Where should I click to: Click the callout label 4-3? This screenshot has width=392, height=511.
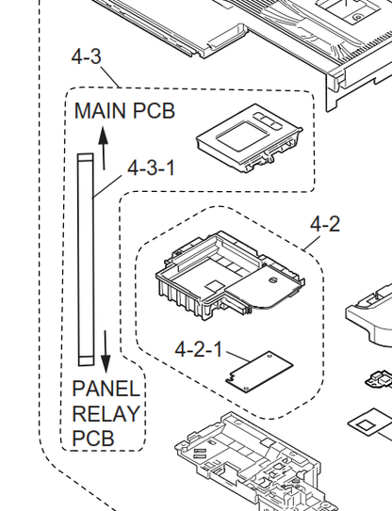[x=86, y=56]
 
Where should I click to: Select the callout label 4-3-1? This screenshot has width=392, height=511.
[x=151, y=168]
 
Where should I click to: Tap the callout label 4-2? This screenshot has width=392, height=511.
[x=325, y=224]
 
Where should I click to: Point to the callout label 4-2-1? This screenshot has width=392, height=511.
[x=199, y=349]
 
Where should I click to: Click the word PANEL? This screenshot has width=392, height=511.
[x=106, y=389]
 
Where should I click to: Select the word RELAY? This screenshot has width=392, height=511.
[x=106, y=413]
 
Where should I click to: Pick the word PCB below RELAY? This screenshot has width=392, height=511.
[x=93, y=439]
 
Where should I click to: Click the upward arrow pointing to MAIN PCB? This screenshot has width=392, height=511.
[x=103, y=149]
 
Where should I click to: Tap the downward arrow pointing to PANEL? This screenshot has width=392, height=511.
[x=106, y=352]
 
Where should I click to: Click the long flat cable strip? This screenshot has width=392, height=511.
[x=86, y=260]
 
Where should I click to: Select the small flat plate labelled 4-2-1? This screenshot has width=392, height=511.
[x=259, y=371]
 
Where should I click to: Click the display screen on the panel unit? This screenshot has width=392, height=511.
[x=242, y=135]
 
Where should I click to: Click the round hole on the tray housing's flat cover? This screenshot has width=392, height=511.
[x=272, y=279]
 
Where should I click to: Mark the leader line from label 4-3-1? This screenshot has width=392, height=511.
[x=107, y=186]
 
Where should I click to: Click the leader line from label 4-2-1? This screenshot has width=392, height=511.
[x=237, y=358]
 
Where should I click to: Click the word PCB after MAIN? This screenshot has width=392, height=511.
[x=154, y=111]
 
